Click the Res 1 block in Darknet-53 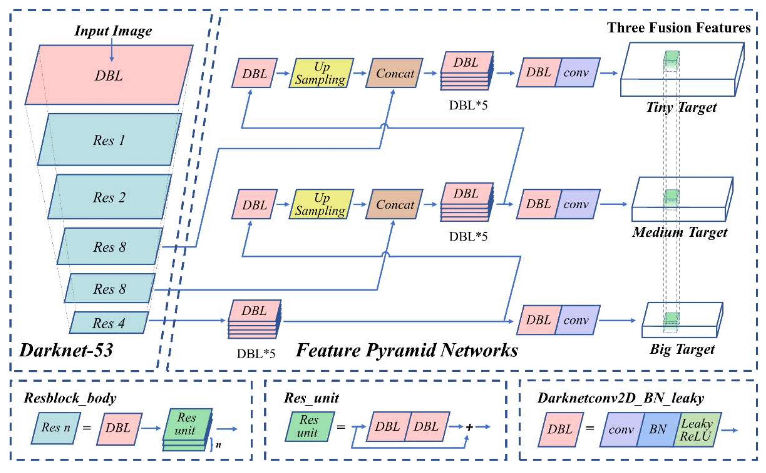pos(109,140)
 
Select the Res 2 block pos(109,197)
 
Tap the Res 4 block pos(109,323)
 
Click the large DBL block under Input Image pos(109,75)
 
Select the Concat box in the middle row pos(394,204)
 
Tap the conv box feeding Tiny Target pos(577,73)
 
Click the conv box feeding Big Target pos(577,320)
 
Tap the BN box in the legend pos(658,429)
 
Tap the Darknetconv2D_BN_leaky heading pos(621,398)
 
